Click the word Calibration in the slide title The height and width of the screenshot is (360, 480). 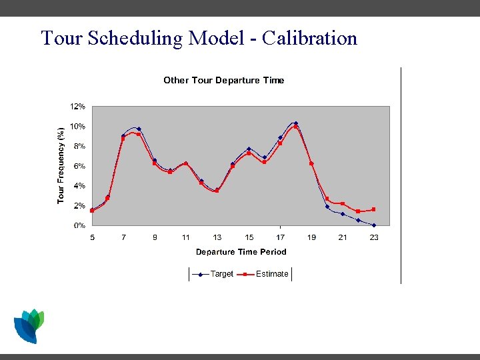[x=310, y=38]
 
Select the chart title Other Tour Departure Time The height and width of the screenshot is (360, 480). [x=224, y=81]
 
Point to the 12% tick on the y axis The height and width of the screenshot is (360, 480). [x=78, y=107]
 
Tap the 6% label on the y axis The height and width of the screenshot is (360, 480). [x=79, y=166]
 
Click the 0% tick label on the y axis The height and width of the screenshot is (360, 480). [x=79, y=225]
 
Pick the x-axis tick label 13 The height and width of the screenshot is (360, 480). [x=217, y=237]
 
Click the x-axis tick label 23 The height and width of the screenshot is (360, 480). [x=374, y=237]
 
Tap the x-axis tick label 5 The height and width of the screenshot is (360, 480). [x=92, y=237]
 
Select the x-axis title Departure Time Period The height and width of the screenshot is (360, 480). [x=241, y=252]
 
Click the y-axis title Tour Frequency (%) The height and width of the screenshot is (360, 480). [x=61, y=165]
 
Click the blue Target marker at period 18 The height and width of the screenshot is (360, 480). [x=296, y=123]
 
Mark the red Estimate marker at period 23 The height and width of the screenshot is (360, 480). [x=374, y=209]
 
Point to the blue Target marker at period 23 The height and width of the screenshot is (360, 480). [x=374, y=225]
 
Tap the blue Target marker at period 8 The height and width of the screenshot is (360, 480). [x=139, y=129]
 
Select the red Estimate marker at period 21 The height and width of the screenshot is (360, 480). [x=343, y=203]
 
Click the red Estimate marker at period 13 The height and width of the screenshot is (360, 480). [x=217, y=191]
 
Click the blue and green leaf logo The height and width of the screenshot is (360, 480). [x=29, y=326]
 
